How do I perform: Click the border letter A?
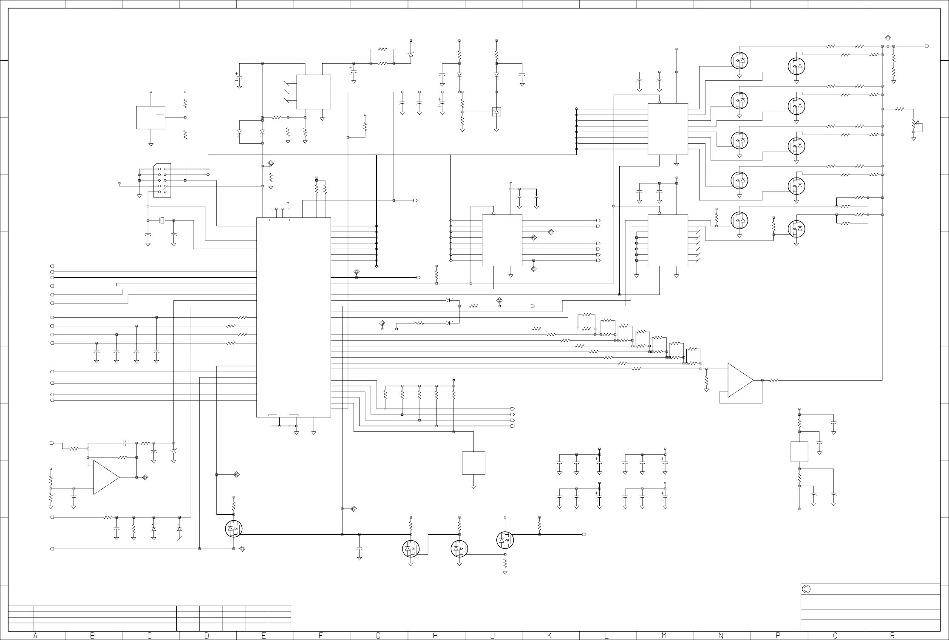(x=35, y=636)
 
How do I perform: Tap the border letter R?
(x=892, y=636)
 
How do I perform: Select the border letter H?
(x=435, y=636)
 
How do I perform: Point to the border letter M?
(x=664, y=636)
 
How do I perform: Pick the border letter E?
(x=263, y=636)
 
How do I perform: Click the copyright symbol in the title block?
(x=806, y=589)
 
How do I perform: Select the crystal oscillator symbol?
(x=161, y=220)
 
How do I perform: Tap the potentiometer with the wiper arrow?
(x=914, y=124)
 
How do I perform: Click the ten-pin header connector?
(x=162, y=180)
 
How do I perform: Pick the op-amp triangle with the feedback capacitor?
(x=106, y=477)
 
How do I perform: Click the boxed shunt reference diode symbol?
(x=496, y=112)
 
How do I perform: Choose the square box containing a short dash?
(x=151, y=117)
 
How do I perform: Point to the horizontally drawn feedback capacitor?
(x=125, y=443)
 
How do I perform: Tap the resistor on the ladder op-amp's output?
(x=774, y=381)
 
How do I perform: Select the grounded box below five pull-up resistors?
(x=473, y=463)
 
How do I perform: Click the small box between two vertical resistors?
(x=799, y=451)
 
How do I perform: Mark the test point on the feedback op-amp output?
(x=145, y=477)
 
